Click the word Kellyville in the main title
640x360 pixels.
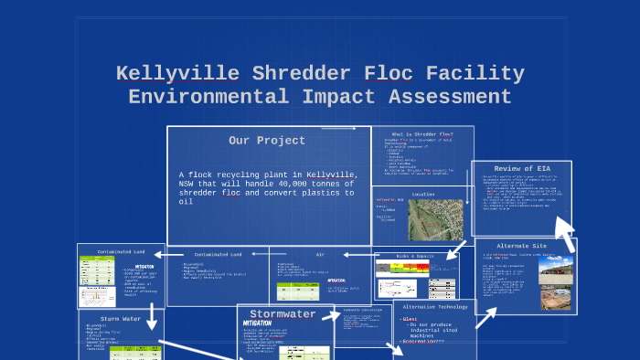point(177,73)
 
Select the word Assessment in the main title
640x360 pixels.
point(450,96)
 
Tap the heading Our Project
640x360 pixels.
point(267,141)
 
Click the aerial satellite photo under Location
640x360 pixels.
point(434,219)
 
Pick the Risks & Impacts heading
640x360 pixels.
point(415,256)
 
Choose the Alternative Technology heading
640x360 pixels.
point(435,307)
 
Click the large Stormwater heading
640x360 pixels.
point(283,313)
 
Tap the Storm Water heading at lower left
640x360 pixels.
point(121,318)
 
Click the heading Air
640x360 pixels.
point(320,254)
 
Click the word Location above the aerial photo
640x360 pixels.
point(423,194)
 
